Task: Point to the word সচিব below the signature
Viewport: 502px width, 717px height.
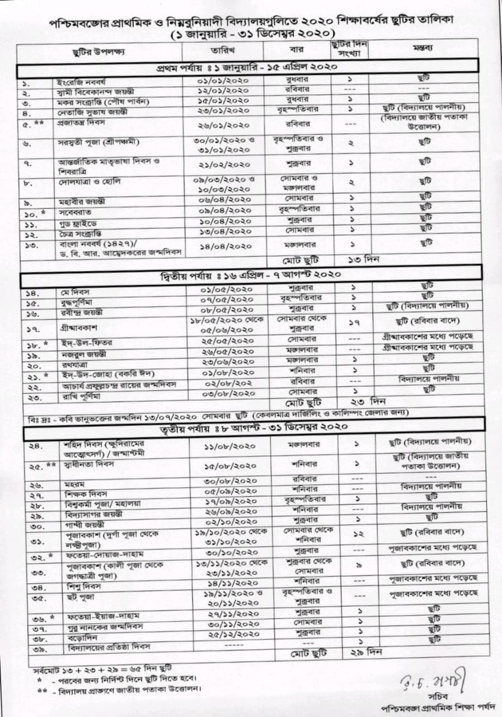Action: click(x=445, y=697)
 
